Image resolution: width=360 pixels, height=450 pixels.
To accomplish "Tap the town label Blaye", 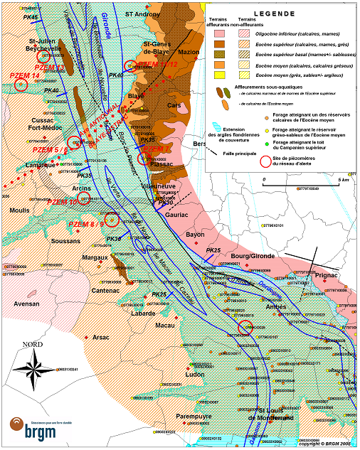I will click(x=136, y=95).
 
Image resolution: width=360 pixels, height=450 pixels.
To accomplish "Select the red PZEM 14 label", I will click(x=25, y=75).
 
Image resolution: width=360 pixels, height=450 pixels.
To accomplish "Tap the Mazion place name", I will click(x=189, y=52).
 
